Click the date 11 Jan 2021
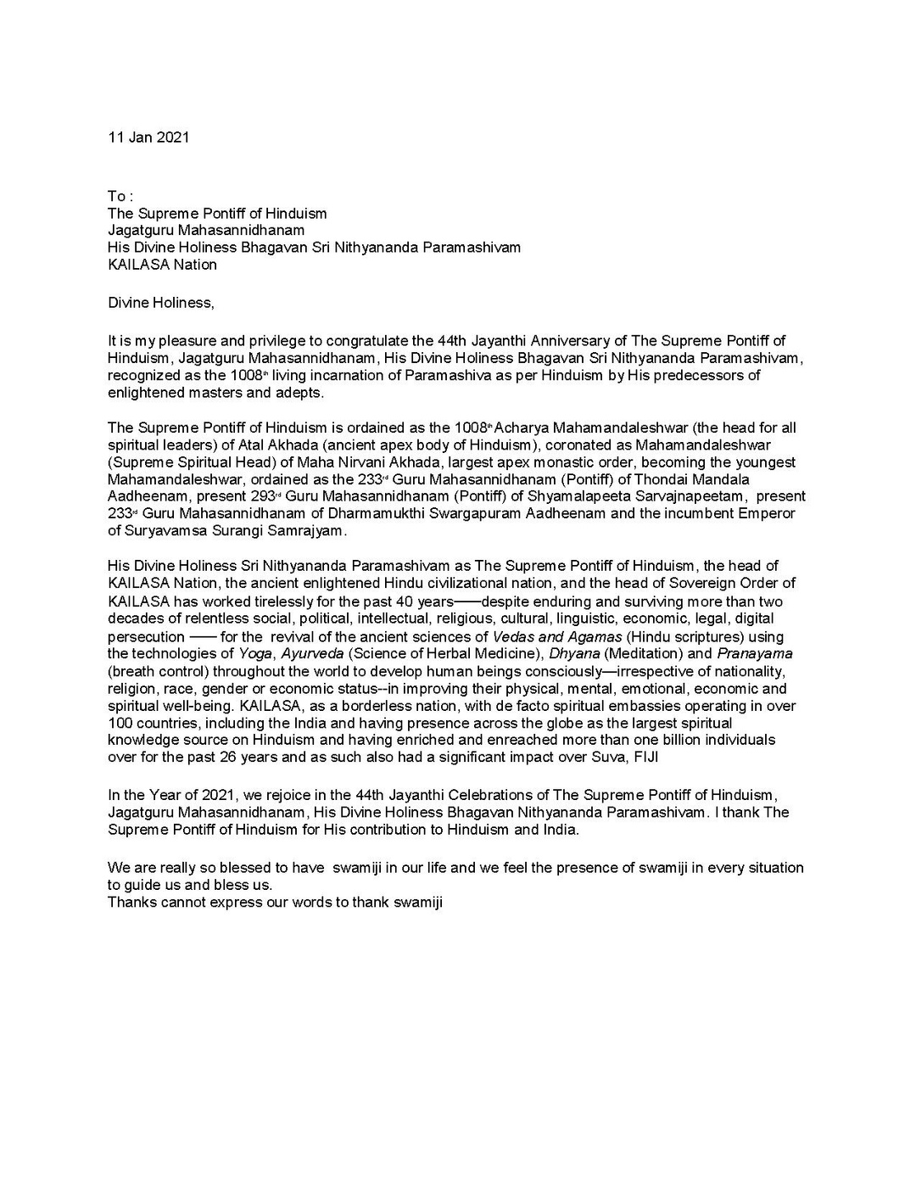coord(148,137)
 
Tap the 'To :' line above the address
coord(120,197)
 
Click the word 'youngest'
coord(766,462)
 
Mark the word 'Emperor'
coord(768,513)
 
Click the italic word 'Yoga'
coord(254,653)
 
